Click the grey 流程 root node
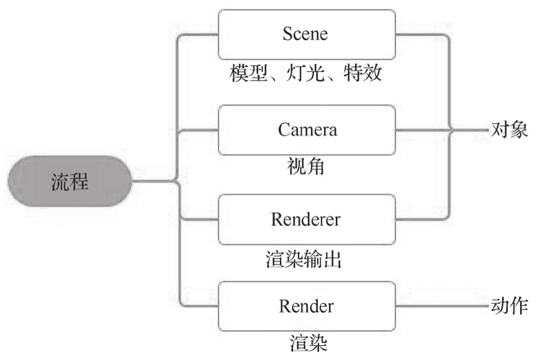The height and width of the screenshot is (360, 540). [70, 182]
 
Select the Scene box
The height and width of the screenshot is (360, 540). [307, 35]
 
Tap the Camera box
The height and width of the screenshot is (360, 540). [307, 130]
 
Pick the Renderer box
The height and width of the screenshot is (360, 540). [307, 219]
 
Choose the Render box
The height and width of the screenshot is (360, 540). [307, 306]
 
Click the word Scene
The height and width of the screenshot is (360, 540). [305, 34]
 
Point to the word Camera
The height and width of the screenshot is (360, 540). [307, 130]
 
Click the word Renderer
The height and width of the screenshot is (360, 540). [305, 219]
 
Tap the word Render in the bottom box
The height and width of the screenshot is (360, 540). [306, 306]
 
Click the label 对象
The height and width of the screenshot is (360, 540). [509, 130]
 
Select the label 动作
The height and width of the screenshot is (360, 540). [509, 306]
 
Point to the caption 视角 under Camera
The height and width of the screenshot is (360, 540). [306, 166]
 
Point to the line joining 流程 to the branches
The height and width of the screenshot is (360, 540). [154, 182]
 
